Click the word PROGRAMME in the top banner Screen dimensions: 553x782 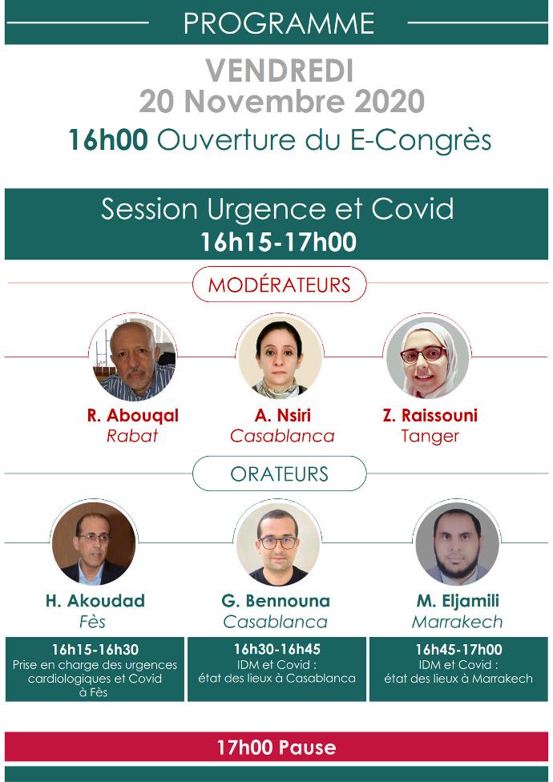(x=279, y=23)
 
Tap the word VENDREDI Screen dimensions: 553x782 (x=280, y=71)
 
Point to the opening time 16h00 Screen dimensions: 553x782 (x=107, y=139)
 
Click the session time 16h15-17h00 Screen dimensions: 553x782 (x=278, y=242)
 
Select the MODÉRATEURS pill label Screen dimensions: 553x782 (x=279, y=284)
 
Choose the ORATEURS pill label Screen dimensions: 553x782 (x=279, y=474)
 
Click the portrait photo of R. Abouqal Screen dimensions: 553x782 (x=133, y=357)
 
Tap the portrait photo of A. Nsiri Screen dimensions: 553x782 (x=279, y=357)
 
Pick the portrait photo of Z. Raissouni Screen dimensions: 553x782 (x=427, y=357)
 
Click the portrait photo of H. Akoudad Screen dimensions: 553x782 (x=93, y=543)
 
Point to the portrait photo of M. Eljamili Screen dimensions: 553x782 (x=457, y=543)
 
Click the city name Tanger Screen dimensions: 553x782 (x=430, y=436)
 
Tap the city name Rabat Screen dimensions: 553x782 (x=132, y=436)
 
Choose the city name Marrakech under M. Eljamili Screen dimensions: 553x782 (x=458, y=622)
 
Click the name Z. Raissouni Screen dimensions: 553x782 (x=430, y=415)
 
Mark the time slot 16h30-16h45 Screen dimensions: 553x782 (x=277, y=649)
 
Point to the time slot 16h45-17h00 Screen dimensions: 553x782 (x=458, y=649)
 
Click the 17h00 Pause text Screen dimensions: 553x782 (x=276, y=747)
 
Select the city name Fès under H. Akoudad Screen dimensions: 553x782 (x=93, y=622)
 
